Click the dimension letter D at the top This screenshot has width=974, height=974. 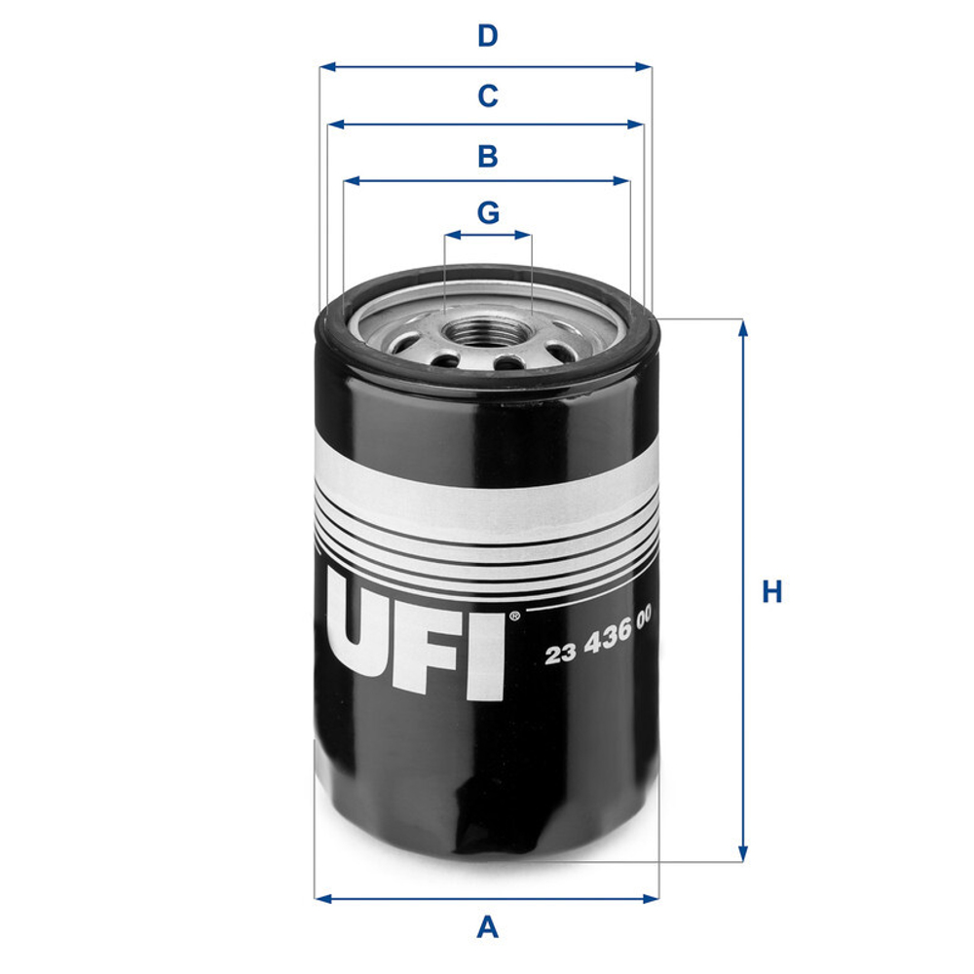coord(487,37)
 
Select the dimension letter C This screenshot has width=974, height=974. coord(487,96)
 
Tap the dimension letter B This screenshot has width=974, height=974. coord(487,156)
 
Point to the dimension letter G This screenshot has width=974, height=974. coord(488,211)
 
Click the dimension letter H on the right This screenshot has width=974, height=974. coord(772,591)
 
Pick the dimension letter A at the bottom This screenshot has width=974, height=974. coord(487,926)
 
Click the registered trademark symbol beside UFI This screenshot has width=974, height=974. coord(513,616)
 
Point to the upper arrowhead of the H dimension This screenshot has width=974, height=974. coord(743,326)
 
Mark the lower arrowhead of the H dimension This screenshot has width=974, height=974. coord(743,853)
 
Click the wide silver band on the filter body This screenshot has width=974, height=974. coord(487,487)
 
